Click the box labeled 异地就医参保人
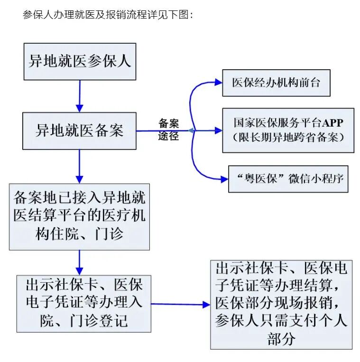coord(79,62)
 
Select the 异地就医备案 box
coord(79,130)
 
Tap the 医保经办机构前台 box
coord(276,83)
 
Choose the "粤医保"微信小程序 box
coord(288,179)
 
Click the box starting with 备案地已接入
coord(79,216)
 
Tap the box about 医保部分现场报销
coord(281,304)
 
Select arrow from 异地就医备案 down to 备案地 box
coord(79,166)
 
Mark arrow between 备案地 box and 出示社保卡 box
coord(79,262)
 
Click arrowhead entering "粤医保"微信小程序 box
coord(223,179)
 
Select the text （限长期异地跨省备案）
coord(288,137)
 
